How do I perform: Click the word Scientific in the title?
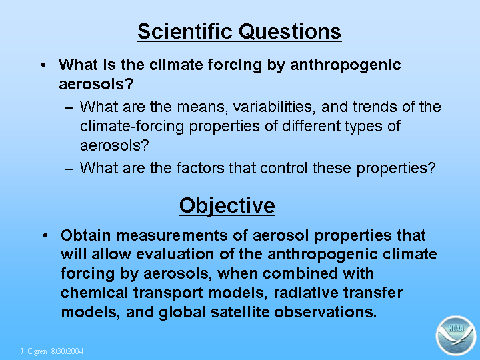pyautogui.click(x=185, y=31)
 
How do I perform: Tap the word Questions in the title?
pyautogui.click(x=290, y=32)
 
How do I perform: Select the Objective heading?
pyautogui.click(x=227, y=206)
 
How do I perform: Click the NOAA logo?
pyautogui.click(x=456, y=335)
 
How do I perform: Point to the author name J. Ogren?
pyautogui.click(x=33, y=351)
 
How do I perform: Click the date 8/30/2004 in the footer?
pyautogui.click(x=67, y=351)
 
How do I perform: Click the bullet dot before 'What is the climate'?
pyautogui.click(x=43, y=65)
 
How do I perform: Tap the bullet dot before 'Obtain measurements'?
pyautogui.click(x=45, y=236)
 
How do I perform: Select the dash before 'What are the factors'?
pyautogui.click(x=69, y=169)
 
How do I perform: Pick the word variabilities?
pyautogui.click(x=274, y=107)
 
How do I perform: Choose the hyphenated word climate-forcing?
pyautogui.click(x=132, y=126)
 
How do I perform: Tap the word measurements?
pyautogui.click(x=173, y=236)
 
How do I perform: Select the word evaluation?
pyautogui.click(x=175, y=255)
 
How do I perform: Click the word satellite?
pyautogui.click(x=240, y=312)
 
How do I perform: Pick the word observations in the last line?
pyautogui.click(x=325, y=312)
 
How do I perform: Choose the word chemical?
pyautogui.click(x=94, y=293)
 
